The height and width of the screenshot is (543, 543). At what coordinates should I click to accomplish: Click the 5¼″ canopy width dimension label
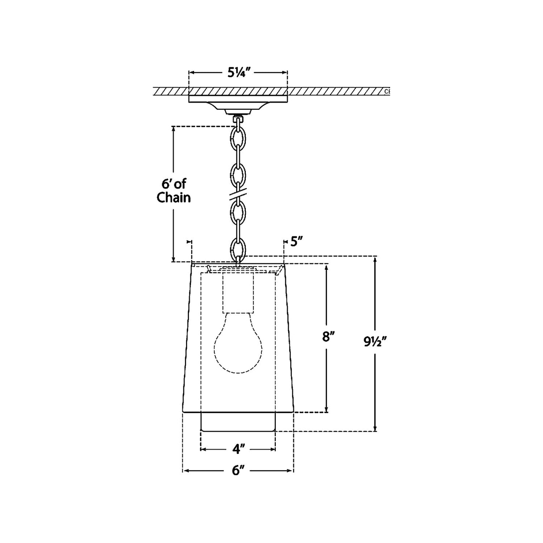238,73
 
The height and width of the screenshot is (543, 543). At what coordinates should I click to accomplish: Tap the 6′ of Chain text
174,191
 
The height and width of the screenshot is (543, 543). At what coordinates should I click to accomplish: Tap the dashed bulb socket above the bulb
238,293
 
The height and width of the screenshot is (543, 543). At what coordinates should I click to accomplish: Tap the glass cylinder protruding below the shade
238,422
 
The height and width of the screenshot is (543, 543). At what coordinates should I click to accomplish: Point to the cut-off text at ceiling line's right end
387,91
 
